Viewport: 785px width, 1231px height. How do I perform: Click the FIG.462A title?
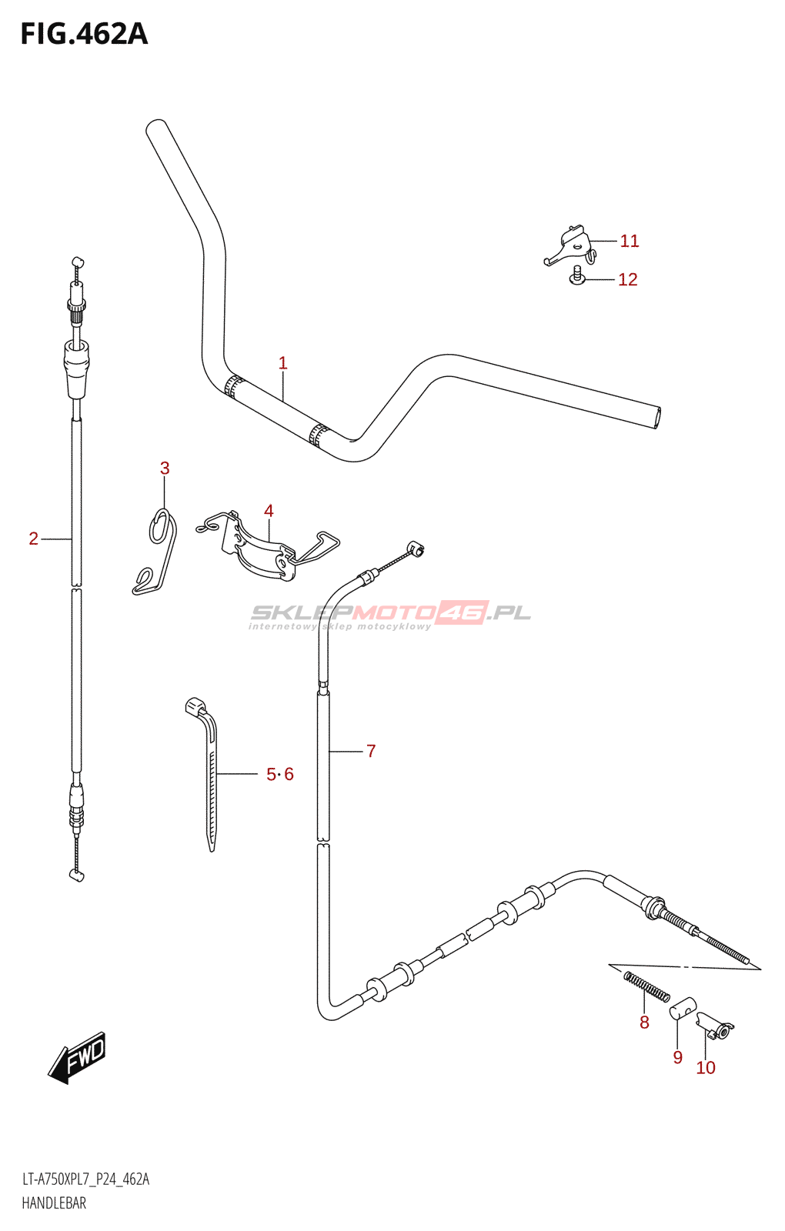coord(84,35)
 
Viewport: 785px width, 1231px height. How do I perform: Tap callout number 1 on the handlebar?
coord(282,363)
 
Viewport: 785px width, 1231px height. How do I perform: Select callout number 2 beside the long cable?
coord(33,539)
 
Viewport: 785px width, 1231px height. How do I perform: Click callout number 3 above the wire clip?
coord(165,469)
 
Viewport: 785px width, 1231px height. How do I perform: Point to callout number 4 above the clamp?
coord(269,511)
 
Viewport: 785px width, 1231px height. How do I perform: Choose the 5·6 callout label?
coord(280,775)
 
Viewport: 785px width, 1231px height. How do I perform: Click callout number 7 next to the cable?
coord(371,751)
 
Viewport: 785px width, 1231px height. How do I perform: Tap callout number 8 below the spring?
coord(644,1022)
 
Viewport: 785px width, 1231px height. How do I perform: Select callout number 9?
coord(677,1058)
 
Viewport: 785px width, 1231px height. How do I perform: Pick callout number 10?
coord(706,1068)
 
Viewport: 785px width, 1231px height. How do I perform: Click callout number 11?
coord(630,242)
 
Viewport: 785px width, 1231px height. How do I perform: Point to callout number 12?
coord(628,280)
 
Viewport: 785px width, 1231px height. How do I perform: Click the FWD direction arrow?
coord(78,1057)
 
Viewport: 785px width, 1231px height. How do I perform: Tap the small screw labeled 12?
coord(577,276)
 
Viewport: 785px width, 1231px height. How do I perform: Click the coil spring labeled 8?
coord(646,987)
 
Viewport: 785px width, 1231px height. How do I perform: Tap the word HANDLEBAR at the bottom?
coord(54,1203)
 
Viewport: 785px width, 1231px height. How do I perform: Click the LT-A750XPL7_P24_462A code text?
coord(85,1179)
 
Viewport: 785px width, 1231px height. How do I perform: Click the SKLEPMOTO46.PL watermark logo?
coord(390,614)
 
